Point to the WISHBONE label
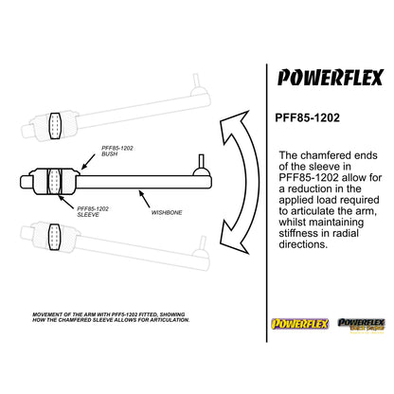tap(167, 213)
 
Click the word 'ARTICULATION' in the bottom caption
tap(161, 321)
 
